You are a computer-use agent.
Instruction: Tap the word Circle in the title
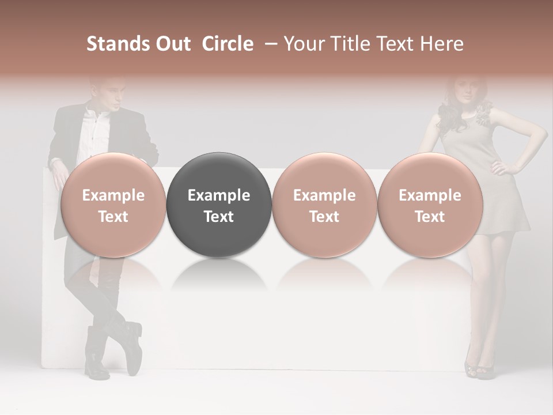228,44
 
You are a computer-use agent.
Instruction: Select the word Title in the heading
352,44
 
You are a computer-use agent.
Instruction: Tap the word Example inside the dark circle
219,195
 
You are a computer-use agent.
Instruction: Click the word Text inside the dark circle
219,217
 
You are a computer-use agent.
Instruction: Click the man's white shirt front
95,133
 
